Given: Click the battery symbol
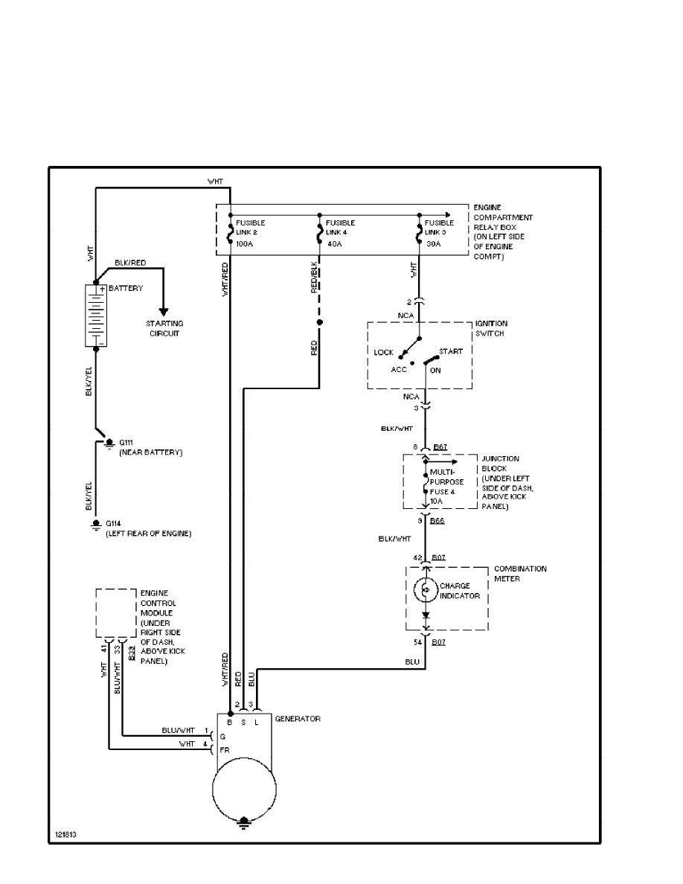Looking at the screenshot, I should [x=96, y=316].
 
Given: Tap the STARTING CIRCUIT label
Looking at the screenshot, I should [x=164, y=328].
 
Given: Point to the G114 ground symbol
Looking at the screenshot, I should [x=96, y=525].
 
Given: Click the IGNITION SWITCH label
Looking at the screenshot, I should [x=491, y=328].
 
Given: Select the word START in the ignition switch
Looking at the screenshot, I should [x=450, y=351].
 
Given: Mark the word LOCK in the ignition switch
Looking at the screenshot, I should [x=384, y=352].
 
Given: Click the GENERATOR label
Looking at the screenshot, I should [x=298, y=719].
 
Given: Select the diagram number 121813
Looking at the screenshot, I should [x=65, y=834].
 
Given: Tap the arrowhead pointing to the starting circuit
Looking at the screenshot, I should [x=164, y=311].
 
